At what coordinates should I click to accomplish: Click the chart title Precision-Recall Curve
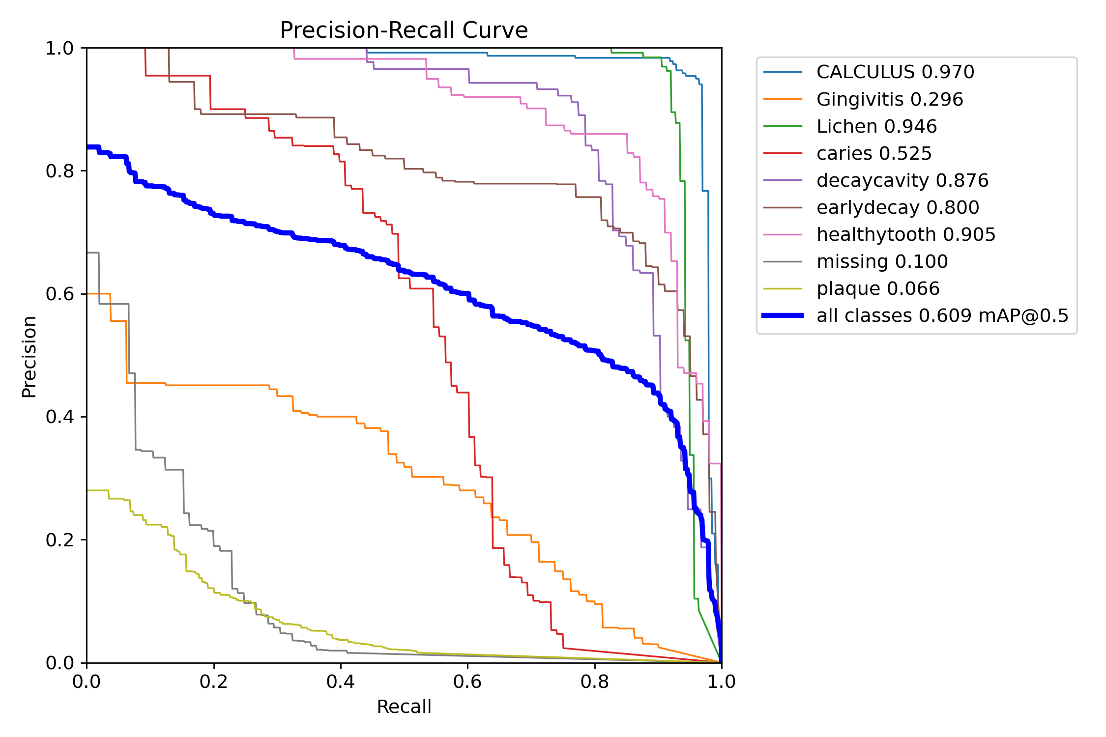404,30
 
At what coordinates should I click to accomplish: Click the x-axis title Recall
404,707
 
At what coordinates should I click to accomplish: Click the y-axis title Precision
29,356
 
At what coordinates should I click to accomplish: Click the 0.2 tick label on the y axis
59,540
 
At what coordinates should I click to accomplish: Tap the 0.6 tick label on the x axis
467,681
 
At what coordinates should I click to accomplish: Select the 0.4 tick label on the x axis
341,681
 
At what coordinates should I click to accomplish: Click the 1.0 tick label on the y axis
59,48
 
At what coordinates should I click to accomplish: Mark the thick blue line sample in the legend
783,315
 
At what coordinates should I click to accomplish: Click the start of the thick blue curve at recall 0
88,147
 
